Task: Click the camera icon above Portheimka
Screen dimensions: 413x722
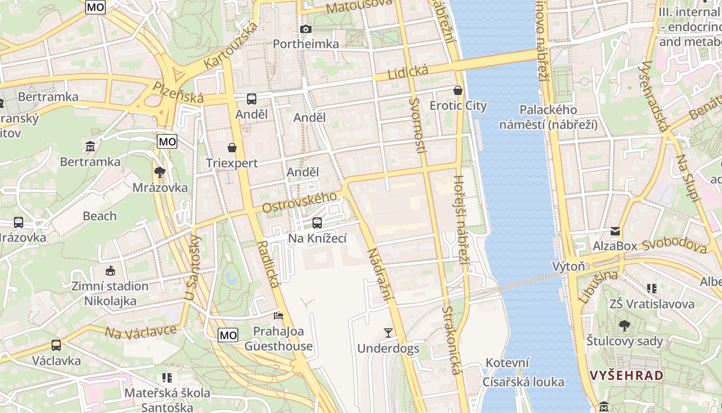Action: click(306, 29)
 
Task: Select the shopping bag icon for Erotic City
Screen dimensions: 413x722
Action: click(457, 90)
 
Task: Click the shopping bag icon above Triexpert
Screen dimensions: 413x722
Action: click(232, 148)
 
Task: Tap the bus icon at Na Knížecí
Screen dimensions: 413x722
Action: click(317, 223)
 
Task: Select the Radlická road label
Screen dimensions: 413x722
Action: click(268, 264)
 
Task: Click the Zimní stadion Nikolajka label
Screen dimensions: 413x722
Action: click(110, 293)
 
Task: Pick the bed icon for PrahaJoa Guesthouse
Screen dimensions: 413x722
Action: click(278, 315)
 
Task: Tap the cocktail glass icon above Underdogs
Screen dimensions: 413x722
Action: click(388, 333)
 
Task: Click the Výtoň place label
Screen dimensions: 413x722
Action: click(568, 266)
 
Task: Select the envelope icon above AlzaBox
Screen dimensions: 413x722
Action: click(615, 231)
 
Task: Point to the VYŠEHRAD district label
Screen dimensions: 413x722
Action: click(626, 375)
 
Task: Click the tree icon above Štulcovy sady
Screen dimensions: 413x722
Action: click(625, 325)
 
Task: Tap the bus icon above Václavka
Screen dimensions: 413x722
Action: click(56, 345)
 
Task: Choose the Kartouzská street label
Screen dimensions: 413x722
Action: click(231, 45)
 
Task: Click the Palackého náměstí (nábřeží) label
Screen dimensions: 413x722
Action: click(548, 117)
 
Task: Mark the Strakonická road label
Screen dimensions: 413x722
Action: click(451, 340)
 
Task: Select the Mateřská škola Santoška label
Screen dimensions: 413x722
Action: click(167, 400)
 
